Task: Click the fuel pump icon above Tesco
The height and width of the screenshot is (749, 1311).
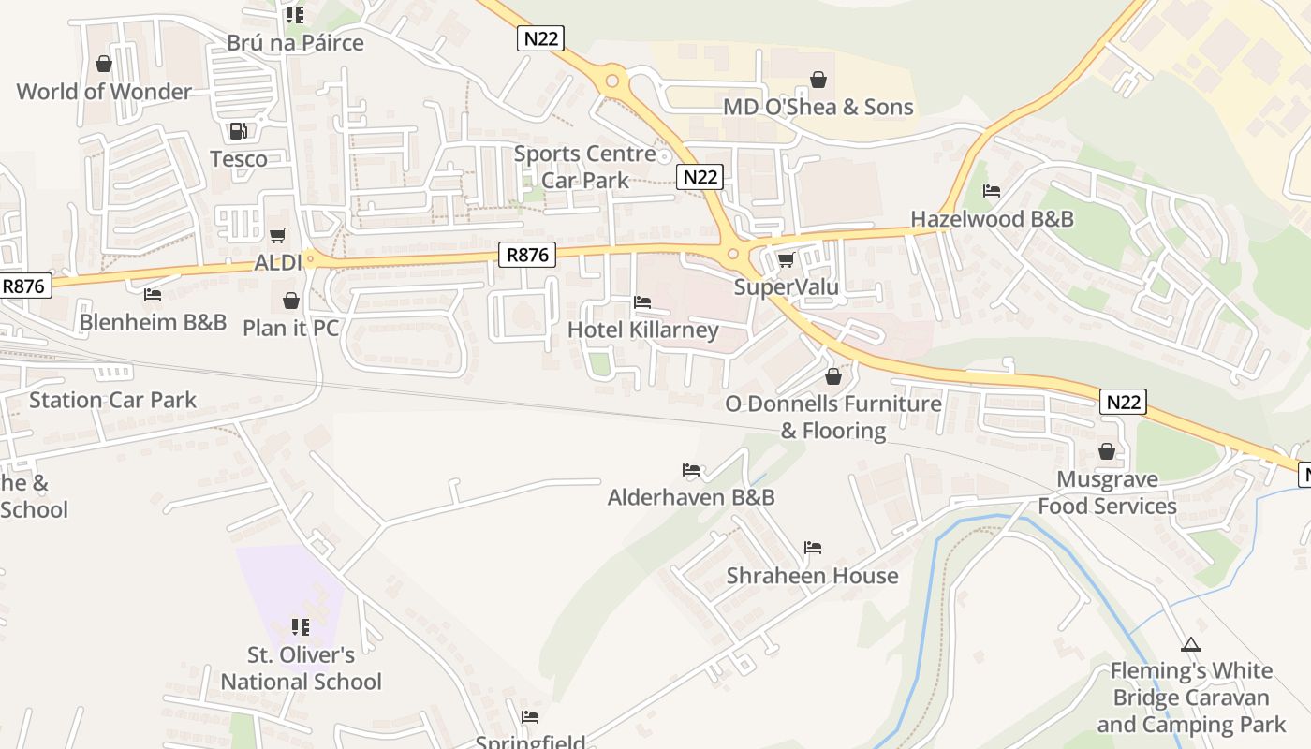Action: pyautogui.click(x=238, y=131)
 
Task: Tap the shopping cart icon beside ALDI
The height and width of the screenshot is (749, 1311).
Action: pyautogui.click(x=277, y=235)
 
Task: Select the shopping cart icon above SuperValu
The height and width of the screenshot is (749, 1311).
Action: pyautogui.click(x=786, y=259)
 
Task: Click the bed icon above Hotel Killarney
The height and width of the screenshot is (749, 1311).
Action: pyautogui.click(x=642, y=302)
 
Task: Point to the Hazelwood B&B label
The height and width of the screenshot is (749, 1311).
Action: pyautogui.click(x=992, y=219)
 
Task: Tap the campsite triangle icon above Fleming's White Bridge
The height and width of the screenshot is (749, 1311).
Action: pyautogui.click(x=1190, y=644)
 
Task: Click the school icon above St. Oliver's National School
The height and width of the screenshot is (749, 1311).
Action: pyautogui.click(x=300, y=626)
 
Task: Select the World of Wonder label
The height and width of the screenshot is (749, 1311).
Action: pyautogui.click(x=104, y=92)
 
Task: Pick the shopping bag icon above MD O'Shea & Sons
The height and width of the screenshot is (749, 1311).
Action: pyautogui.click(x=818, y=80)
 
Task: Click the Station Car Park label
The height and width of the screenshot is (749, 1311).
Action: pyautogui.click(x=112, y=401)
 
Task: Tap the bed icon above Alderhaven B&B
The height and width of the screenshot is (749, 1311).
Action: pyautogui.click(x=691, y=470)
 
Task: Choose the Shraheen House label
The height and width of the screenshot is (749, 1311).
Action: pyautogui.click(x=812, y=576)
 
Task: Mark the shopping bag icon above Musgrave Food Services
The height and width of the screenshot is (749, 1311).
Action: pyautogui.click(x=1107, y=452)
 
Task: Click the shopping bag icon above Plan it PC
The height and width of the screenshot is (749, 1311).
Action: pyautogui.click(x=291, y=301)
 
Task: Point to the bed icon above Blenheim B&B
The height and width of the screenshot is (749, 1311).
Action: pyautogui.click(x=153, y=295)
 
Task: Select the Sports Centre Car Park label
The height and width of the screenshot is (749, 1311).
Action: pyautogui.click(x=585, y=167)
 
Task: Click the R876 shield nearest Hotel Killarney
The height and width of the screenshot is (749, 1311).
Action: pyautogui.click(x=527, y=254)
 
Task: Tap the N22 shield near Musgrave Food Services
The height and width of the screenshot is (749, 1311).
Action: pyautogui.click(x=1123, y=402)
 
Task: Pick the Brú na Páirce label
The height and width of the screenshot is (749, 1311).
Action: pyautogui.click(x=295, y=43)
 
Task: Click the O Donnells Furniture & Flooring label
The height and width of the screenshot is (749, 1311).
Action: pyautogui.click(x=833, y=417)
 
